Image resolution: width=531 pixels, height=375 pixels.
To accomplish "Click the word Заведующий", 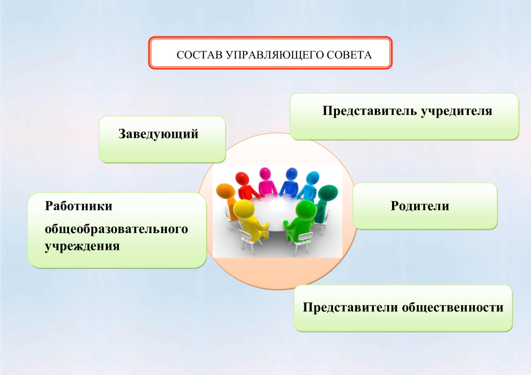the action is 158,134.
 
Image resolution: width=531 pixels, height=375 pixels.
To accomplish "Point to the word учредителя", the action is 456,111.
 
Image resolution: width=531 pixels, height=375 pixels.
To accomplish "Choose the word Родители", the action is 420,206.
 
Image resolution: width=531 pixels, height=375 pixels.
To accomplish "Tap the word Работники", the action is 79,206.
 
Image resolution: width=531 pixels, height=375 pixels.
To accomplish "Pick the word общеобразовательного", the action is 116,229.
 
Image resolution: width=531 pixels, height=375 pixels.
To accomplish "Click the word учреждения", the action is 82,246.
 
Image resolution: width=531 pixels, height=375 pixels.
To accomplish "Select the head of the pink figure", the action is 265,174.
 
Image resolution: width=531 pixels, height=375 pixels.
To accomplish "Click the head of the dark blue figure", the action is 291,175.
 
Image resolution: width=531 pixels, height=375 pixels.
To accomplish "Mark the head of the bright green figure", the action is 306,210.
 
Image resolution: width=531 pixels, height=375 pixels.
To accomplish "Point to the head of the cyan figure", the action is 313,179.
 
